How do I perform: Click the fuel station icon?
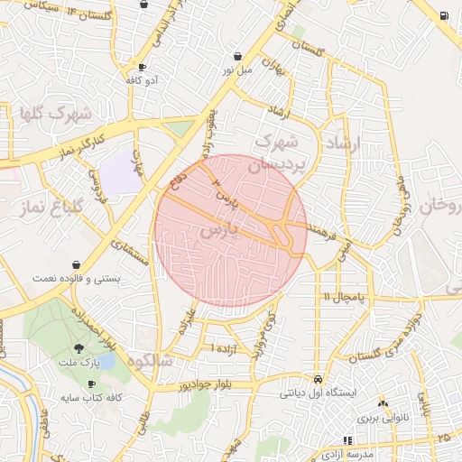(445, 15)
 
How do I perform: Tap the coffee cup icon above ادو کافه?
(142, 68)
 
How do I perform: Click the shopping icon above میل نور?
(237, 56)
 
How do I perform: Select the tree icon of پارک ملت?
(81, 348)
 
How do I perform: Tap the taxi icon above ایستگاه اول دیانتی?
(319, 379)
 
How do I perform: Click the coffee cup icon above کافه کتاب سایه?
(91, 385)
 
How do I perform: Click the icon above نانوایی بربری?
(383, 403)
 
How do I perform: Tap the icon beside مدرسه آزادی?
(321, 439)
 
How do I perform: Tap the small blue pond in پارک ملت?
(106, 360)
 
